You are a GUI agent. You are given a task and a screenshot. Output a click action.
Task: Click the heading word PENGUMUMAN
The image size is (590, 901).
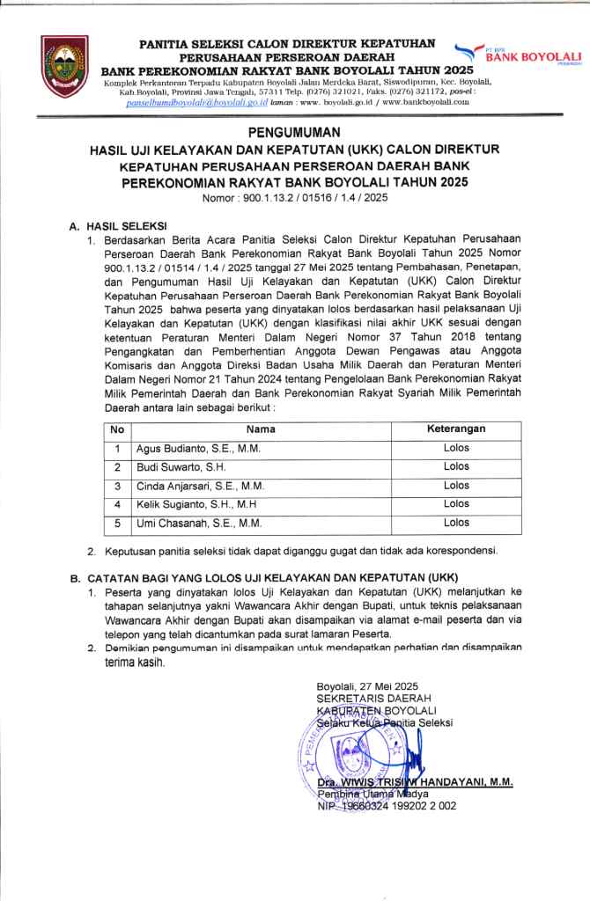pos(295,134)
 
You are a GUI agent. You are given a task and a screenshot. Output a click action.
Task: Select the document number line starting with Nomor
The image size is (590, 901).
pos(295,198)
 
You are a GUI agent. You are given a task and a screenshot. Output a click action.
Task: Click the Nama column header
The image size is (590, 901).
pos(261,429)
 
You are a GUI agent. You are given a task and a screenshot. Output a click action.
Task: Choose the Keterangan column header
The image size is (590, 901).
pos(456,429)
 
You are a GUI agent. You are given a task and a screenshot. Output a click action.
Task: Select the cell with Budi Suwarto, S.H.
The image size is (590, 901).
pos(181,467)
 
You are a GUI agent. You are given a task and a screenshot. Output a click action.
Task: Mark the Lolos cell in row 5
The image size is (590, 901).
pos(456,523)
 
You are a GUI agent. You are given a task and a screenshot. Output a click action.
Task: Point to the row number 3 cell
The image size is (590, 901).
pos(116,486)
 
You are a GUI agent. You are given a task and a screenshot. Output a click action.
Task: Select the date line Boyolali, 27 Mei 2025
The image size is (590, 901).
pos(367,686)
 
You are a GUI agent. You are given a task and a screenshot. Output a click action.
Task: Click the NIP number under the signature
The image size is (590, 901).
pos(387,805)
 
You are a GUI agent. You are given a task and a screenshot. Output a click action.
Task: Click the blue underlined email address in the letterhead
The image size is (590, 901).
pos(186,102)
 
